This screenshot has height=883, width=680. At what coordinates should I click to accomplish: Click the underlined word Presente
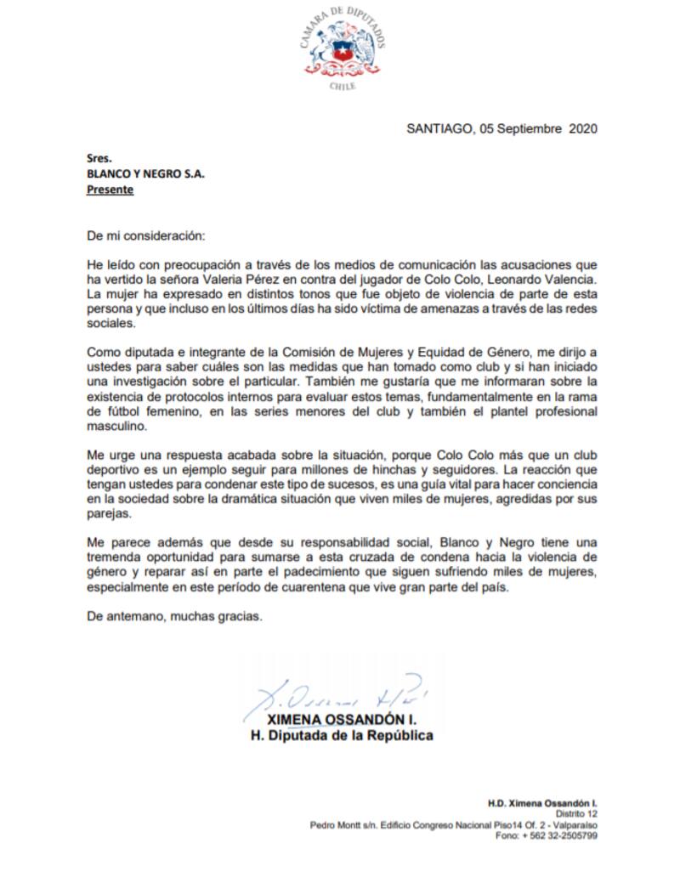(x=110, y=190)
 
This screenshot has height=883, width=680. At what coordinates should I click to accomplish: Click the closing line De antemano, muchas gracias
(x=175, y=618)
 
